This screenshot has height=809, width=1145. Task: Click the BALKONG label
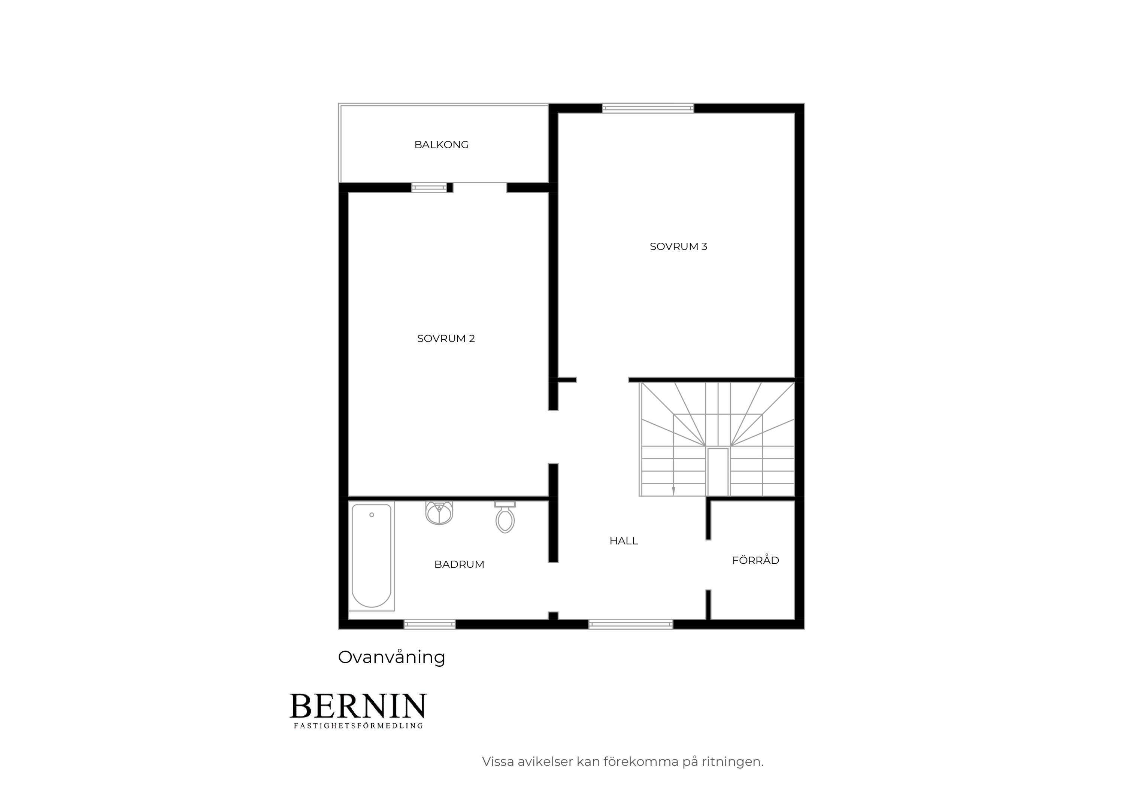coord(441,145)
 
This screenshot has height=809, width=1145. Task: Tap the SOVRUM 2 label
coord(446,338)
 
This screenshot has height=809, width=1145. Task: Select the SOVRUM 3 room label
coord(678,246)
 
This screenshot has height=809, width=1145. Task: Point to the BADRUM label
coord(459,564)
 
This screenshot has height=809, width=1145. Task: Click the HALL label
coord(623,541)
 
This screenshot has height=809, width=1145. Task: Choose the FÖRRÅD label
coord(755,560)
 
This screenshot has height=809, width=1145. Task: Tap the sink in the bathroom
coord(439,513)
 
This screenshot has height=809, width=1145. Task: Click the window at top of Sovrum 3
coord(648,108)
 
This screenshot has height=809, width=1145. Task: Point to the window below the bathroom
coord(429,624)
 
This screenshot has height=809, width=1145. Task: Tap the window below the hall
coord(631,624)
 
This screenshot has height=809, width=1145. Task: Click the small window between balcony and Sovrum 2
coord(429,188)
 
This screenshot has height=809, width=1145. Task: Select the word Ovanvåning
coord(391,657)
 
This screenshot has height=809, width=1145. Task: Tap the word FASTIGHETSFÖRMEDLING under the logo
coord(358,726)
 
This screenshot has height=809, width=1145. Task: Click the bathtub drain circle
coord(372,515)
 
